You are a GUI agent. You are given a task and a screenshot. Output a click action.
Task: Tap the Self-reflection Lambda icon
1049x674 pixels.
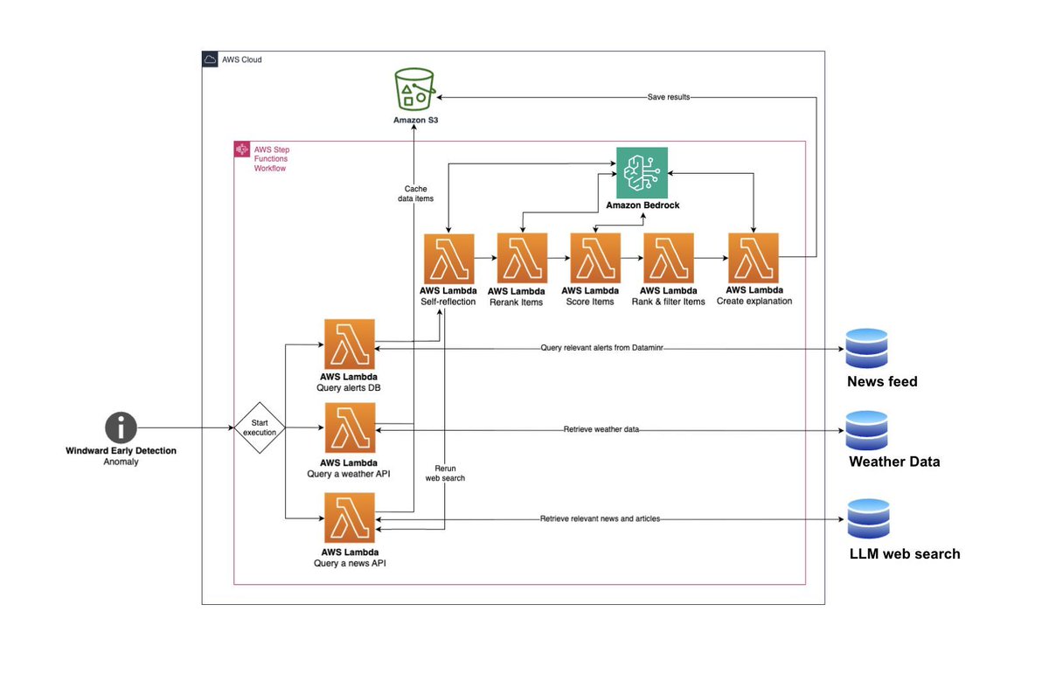(x=448, y=258)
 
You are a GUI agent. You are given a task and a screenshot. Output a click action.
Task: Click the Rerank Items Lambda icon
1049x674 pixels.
(x=522, y=258)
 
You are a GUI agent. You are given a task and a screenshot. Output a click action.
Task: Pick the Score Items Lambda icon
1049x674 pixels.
(x=594, y=258)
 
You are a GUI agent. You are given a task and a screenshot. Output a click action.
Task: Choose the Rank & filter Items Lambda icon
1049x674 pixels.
(x=668, y=258)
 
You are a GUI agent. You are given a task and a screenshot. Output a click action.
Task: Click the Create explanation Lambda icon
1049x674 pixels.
(x=754, y=258)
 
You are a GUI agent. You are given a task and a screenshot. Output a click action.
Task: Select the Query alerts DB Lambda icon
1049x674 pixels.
(x=349, y=344)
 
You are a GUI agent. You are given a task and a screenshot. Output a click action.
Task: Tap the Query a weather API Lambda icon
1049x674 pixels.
(x=349, y=428)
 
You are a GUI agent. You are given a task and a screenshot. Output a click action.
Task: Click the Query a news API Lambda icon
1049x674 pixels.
(x=349, y=518)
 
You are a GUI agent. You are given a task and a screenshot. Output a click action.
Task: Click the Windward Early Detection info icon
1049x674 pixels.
(x=121, y=428)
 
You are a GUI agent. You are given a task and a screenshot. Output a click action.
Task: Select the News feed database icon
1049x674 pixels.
(x=866, y=349)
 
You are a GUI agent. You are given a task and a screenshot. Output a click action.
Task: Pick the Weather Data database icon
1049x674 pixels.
(x=866, y=430)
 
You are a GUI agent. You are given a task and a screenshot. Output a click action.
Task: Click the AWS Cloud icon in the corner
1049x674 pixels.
(x=210, y=59)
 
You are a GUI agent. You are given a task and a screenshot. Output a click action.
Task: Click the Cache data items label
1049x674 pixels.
(x=414, y=193)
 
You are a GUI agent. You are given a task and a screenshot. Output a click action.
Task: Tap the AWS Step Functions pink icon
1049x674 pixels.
(x=242, y=149)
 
